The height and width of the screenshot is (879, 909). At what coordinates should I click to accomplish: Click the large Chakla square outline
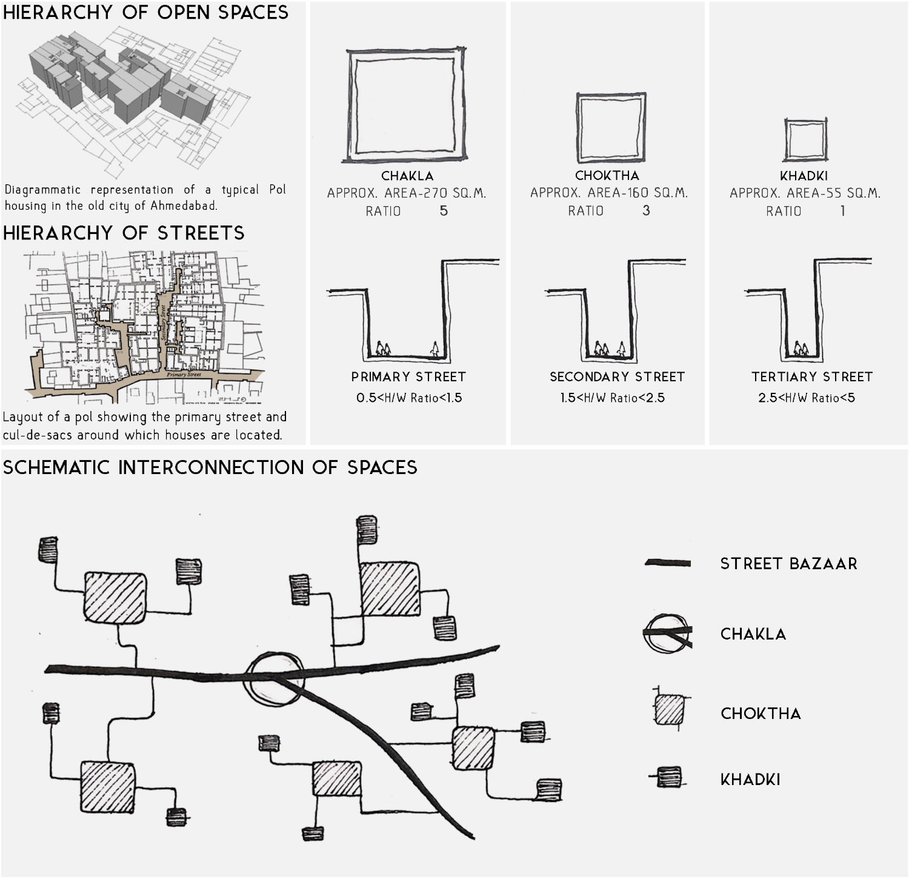(x=405, y=106)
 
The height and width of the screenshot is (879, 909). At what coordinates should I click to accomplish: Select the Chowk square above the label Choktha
(x=610, y=128)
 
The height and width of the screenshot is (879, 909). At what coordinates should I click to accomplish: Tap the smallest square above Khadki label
(x=805, y=139)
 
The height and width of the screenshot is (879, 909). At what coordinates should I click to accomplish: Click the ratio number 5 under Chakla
(x=444, y=211)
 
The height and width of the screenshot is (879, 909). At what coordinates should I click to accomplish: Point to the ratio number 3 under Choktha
(x=646, y=210)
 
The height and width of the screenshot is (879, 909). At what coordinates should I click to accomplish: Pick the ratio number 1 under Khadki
(x=842, y=211)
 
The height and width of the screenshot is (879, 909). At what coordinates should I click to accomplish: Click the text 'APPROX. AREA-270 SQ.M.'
(x=407, y=193)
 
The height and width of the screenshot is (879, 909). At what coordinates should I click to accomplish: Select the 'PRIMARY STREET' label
(x=408, y=377)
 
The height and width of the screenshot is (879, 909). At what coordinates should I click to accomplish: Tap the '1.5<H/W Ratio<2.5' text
(x=612, y=398)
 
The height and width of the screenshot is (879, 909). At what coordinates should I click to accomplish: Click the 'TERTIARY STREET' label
(x=812, y=377)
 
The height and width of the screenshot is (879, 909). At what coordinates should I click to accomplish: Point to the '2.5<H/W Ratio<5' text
(x=807, y=398)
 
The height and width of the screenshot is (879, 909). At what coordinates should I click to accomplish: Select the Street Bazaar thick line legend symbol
(x=668, y=563)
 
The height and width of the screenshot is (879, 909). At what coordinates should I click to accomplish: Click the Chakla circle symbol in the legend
(x=667, y=633)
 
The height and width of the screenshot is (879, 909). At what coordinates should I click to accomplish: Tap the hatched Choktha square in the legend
(x=669, y=710)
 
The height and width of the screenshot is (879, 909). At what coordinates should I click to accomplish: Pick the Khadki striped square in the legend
(x=669, y=777)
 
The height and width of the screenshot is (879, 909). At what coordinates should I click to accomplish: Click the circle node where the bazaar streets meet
(x=273, y=679)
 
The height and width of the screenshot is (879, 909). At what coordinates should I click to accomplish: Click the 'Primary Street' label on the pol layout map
(x=184, y=375)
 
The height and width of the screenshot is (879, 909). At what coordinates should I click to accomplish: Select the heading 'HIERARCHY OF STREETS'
(x=124, y=233)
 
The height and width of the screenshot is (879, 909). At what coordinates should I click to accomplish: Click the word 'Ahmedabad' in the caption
(x=183, y=206)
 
